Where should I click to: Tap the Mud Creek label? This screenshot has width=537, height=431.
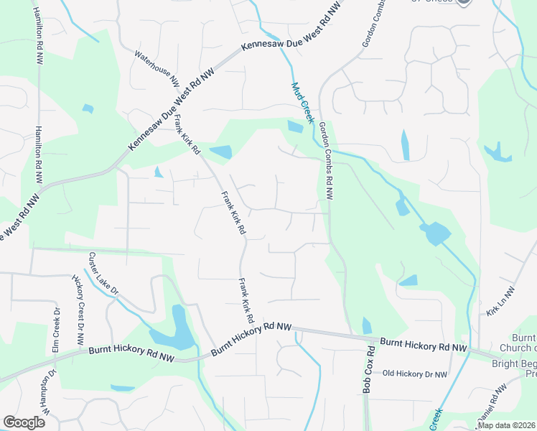(302, 103)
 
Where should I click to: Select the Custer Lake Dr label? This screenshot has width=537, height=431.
(104, 272)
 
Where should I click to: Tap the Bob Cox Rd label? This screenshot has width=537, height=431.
(370, 370)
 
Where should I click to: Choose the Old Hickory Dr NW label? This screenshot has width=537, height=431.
(415, 374)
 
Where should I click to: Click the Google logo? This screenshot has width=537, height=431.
(24, 422)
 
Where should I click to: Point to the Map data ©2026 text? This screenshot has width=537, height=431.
(506, 425)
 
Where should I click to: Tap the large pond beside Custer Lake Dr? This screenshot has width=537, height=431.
(176, 330)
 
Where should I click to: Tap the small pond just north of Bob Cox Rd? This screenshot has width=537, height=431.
(368, 325)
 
